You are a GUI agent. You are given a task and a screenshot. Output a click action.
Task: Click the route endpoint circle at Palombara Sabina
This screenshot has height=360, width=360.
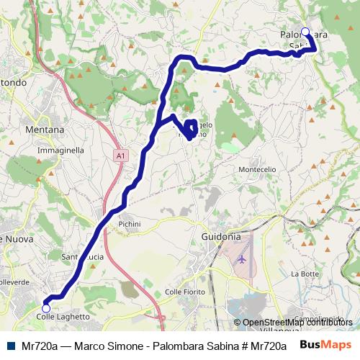[x=305, y=32]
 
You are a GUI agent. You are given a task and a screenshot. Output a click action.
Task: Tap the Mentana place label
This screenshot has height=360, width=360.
[x=45, y=130]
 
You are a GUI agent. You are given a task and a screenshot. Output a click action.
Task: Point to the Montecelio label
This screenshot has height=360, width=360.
[x=257, y=168]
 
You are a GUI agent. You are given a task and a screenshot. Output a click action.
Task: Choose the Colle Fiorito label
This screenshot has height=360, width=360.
[x=185, y=291]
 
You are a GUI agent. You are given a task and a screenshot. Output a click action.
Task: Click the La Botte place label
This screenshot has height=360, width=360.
[x=305, y=274]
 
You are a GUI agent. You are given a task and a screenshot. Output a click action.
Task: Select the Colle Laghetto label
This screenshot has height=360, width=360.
[x=63, y=317]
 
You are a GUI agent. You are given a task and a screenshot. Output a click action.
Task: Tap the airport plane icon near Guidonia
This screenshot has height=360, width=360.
[x=241, y=258]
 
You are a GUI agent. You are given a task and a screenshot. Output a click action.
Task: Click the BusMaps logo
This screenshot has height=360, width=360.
[x=325, y=346]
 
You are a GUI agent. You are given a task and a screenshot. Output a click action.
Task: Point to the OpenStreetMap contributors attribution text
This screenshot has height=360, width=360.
[x=297, y=323]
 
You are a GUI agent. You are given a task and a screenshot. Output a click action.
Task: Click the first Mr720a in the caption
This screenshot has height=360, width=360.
[x=40, y=346]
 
